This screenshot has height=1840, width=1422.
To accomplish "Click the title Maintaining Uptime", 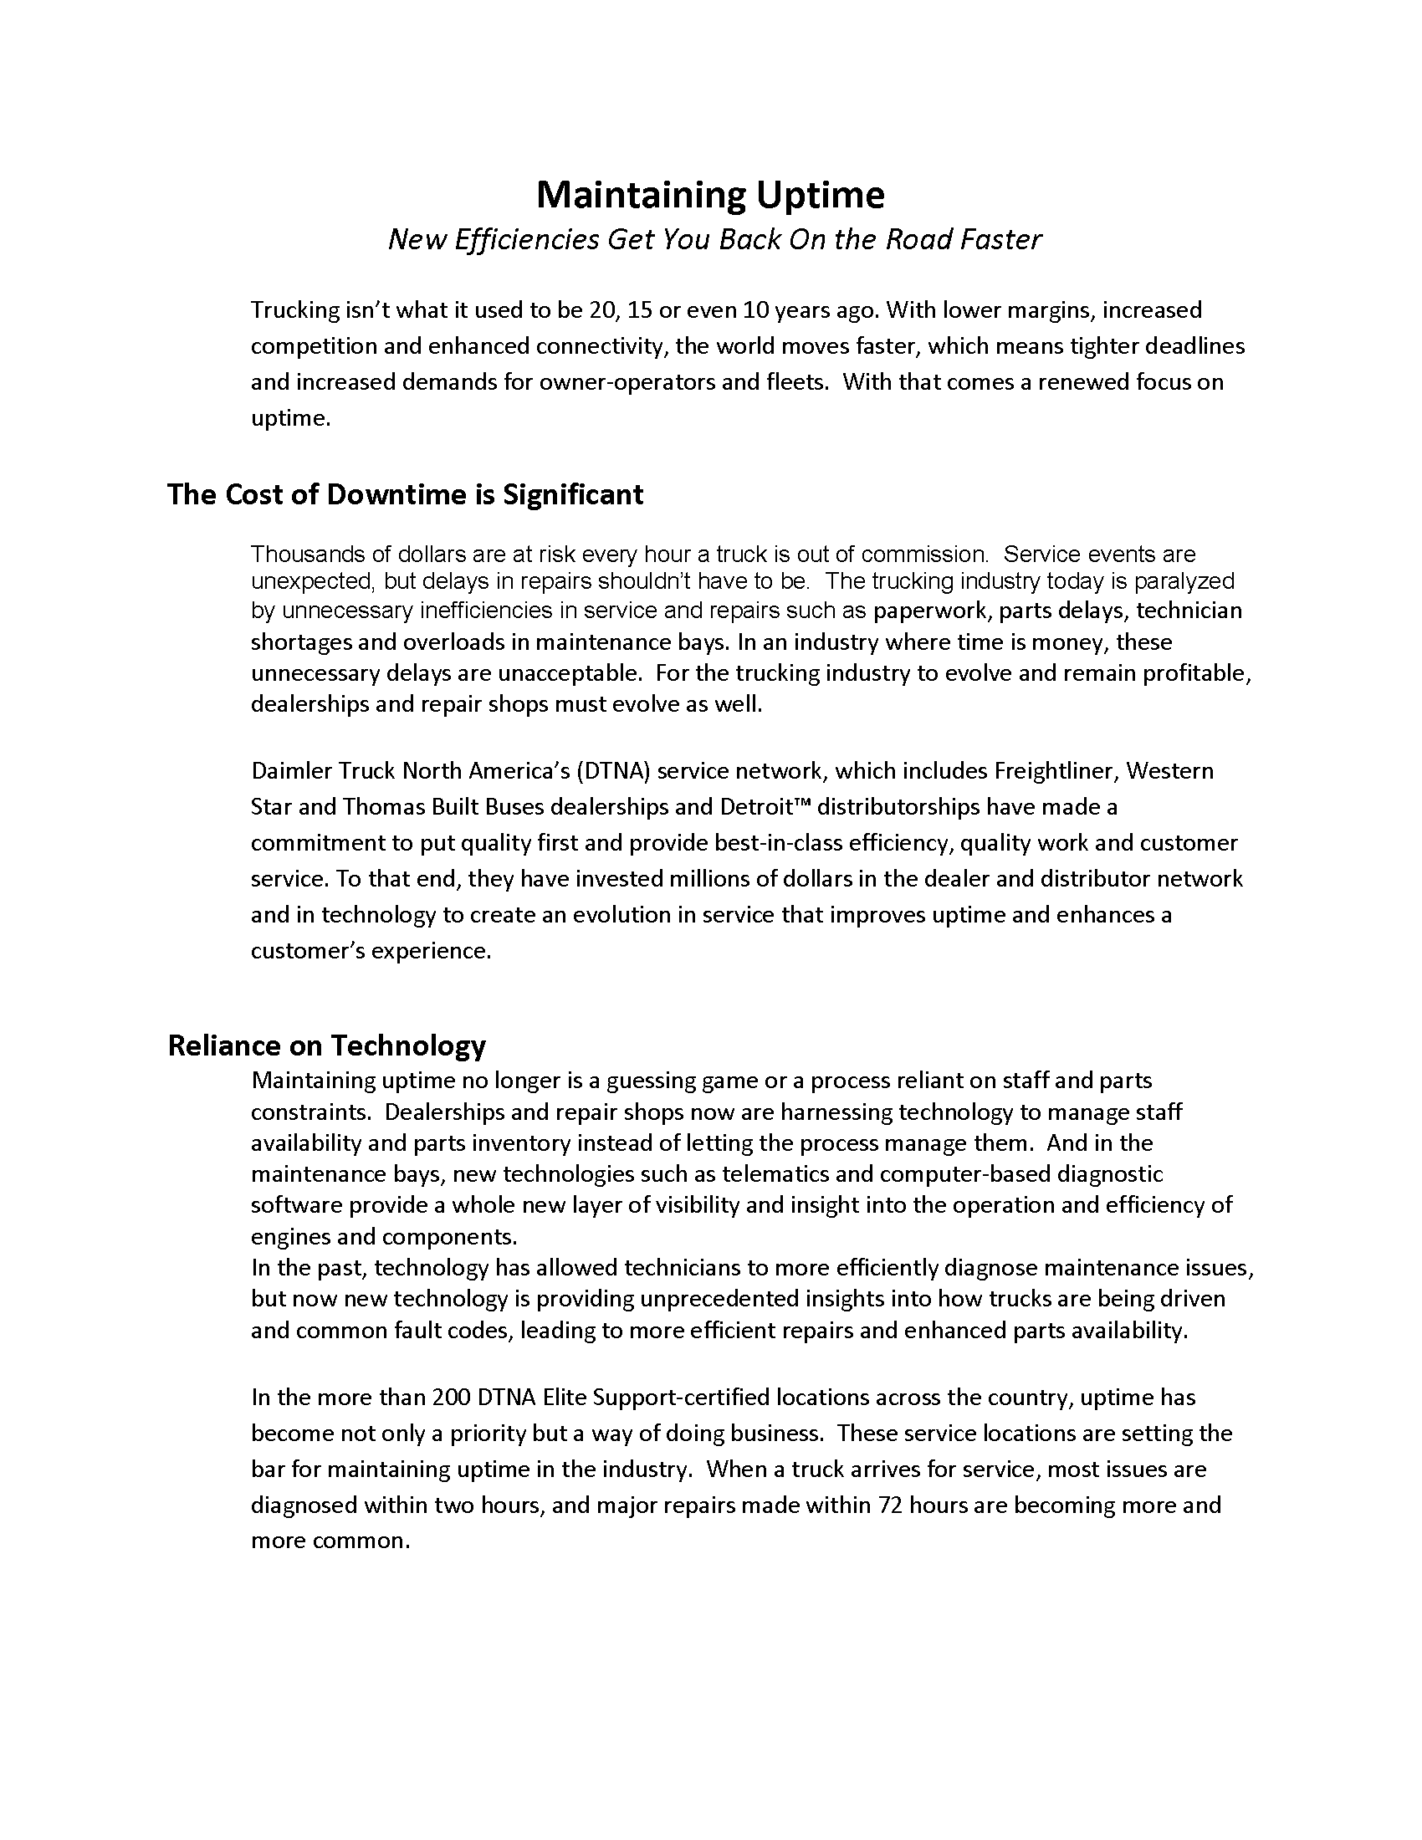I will point(710,196).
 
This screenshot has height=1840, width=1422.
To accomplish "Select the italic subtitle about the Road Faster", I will point(714,240).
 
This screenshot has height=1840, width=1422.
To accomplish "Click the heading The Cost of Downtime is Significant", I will point(404,494).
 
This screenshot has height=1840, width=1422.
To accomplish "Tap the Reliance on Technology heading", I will point(327,1045).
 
